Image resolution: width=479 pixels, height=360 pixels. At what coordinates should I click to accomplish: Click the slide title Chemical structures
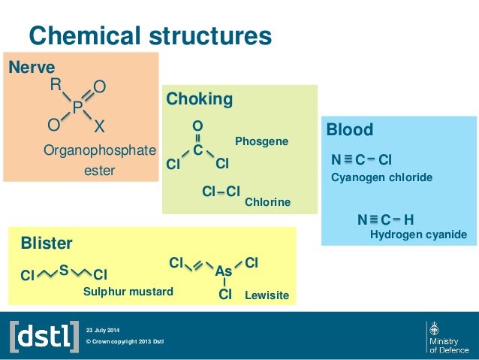click(149, 35)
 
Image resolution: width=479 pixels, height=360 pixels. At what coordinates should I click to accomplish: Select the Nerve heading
click(32, 68)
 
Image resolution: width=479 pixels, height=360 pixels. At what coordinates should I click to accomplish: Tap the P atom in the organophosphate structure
click(77, 109)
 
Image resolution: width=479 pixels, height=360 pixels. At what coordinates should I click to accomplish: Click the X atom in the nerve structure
click(99, 125)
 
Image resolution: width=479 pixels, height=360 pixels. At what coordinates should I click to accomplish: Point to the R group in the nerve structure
click(55, 86)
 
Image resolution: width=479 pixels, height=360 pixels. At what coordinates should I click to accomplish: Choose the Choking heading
click(199, 99)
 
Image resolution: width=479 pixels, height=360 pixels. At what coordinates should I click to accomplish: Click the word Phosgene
click(261, 141)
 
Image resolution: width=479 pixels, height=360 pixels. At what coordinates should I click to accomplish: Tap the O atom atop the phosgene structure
click(197, 126)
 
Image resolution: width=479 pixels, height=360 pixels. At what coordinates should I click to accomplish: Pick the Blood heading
click(350, 130)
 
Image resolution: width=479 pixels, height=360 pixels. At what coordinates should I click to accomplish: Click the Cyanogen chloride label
click(381, 177)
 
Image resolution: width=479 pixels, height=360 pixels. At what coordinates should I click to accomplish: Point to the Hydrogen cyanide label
click(419, 235)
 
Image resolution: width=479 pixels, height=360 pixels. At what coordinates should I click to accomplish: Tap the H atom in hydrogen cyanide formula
click(408, 219)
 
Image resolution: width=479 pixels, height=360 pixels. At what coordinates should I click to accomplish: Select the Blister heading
click(47, 244)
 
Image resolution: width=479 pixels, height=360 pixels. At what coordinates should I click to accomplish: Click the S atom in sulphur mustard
click(64, 268)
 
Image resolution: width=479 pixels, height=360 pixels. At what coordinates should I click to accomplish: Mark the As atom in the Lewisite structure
click(224, 271)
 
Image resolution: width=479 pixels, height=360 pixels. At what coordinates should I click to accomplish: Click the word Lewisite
click(267, 296)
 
